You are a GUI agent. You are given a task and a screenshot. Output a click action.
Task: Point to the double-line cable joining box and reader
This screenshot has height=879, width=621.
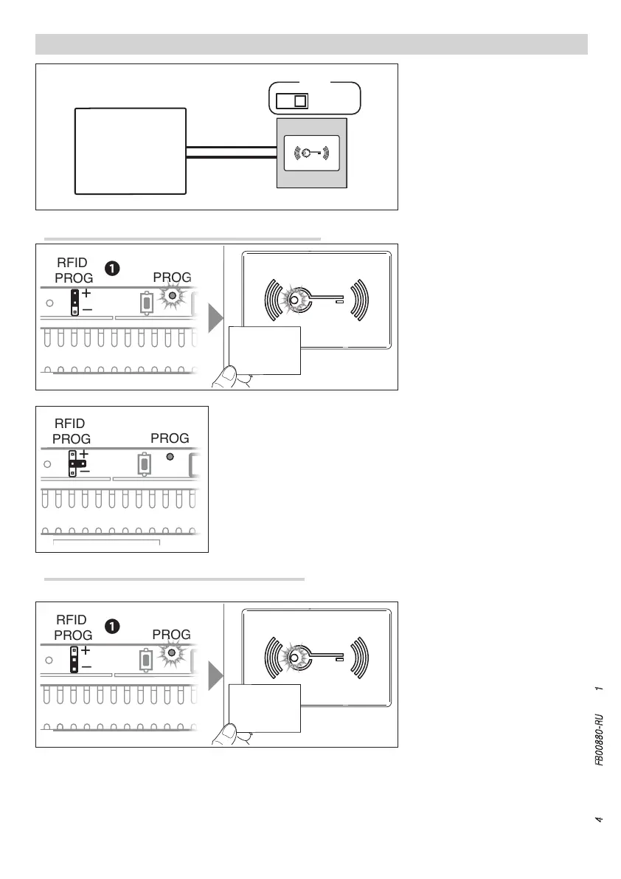[x=231, y=153]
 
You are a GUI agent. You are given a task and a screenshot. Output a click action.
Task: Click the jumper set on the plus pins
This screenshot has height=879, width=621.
[x=74, y=297]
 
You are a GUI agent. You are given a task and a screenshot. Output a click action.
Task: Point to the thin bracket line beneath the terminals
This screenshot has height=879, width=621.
[x=107, y=542]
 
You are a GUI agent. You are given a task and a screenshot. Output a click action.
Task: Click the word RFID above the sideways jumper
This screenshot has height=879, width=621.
[x=70, y=424]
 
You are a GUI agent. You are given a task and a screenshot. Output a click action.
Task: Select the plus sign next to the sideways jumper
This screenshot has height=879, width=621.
[x=85, y=454]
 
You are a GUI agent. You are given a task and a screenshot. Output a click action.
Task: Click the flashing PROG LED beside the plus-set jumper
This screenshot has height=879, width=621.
[x=173, y=295]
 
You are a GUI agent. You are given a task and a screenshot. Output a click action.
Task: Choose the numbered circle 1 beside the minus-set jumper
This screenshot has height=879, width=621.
[x=111, y=626]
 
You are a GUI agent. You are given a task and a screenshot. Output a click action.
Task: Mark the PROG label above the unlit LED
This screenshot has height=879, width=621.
[x=170, y=438]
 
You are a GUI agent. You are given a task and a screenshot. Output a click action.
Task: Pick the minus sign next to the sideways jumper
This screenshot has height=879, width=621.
[x=85, y=470]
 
